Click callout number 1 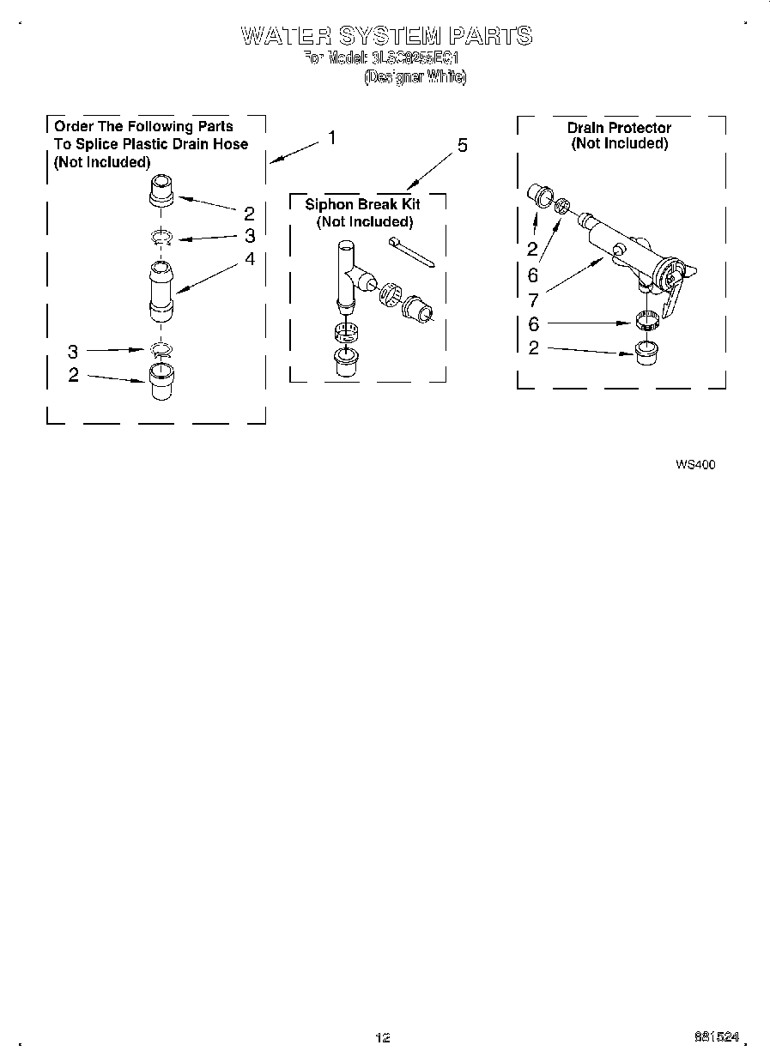pos(331,138)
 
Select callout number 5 pos(462,146)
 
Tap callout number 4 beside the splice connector pos(249,258)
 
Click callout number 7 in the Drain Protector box pos(532,300)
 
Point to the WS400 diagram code pos(695,464)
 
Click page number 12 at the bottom pos(383,1037)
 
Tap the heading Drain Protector pos(619,128)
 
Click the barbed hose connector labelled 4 pos(161,292)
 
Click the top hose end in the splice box pos(161,190)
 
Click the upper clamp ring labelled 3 pos(161,237)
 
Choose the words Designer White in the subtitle pos(415,77)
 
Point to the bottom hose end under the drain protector pos(648,353)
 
